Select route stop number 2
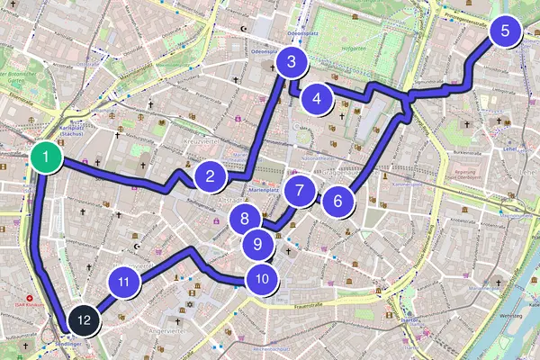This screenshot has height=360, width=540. (210, 175)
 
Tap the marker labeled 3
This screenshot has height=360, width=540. (292, 62)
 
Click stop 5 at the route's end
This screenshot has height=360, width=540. (505, 31)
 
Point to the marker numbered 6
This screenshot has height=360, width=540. (338, 200)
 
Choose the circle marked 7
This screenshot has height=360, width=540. (299, 191)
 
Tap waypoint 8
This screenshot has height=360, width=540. (245, 218)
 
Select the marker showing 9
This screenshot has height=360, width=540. (257, 243)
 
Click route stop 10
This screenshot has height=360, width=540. (261, 278)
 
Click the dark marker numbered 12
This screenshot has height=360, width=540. (84, 319)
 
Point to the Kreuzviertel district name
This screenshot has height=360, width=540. (202, 142)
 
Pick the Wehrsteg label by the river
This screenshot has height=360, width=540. (510, 316)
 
